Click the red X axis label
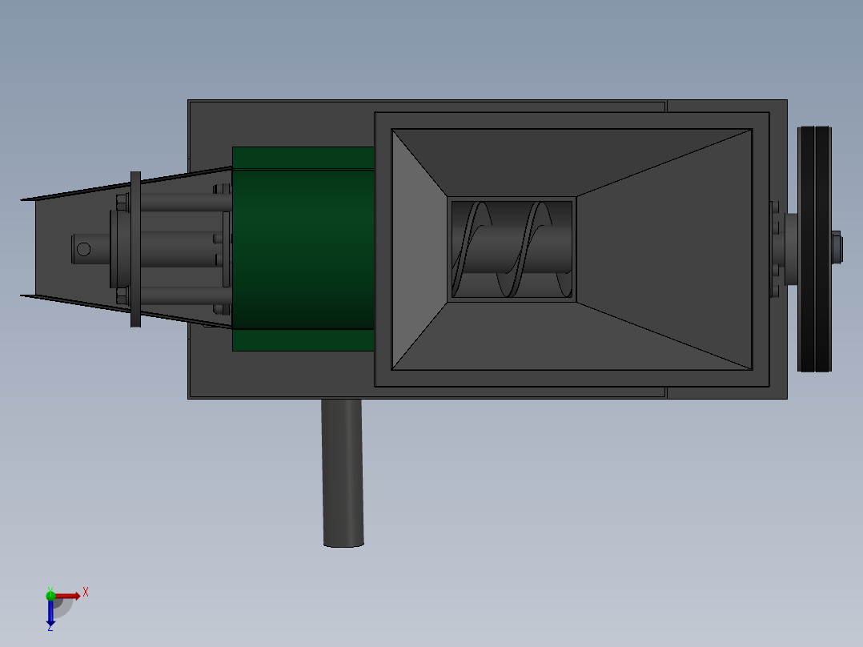[86, 593]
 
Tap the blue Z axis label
[50, 627]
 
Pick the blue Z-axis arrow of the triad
[50, 611]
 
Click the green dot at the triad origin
[50, 596]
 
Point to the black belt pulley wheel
[815, 249]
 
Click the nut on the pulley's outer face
[837, 247]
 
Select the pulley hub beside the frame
[791, 249]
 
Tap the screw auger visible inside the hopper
[512, 249]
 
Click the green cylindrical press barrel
[303, 249]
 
